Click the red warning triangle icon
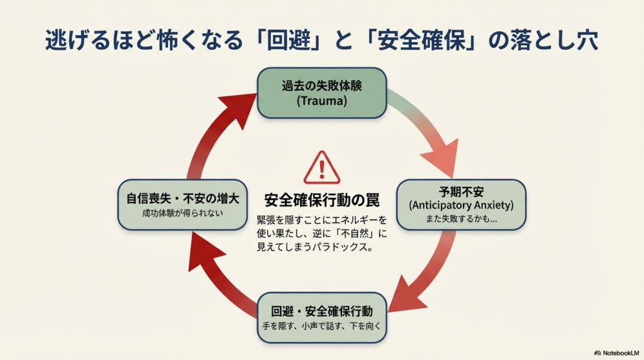coord(321,168)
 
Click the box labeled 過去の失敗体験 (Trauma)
coord(321,93)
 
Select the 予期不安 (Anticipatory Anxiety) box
coord(461,205)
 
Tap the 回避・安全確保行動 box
coord(321,318)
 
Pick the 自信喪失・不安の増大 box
coord(182,205)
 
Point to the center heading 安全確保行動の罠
coord(321,201)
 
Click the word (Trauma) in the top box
coord(321,100)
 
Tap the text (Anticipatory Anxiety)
coord(461,205)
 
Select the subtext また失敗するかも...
coord(461,220)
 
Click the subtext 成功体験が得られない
coord(182,213)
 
